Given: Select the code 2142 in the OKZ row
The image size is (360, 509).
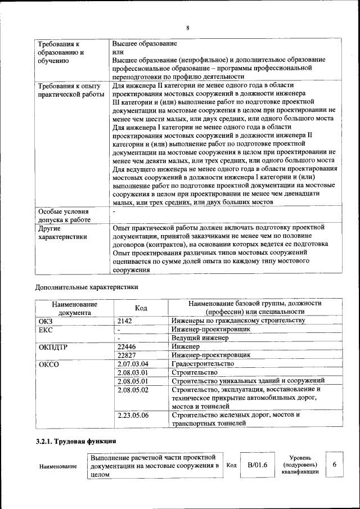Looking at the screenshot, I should pyautogui.click(x=125, y=321).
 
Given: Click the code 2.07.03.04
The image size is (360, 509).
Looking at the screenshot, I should pyautogui.click(x=132, y=364).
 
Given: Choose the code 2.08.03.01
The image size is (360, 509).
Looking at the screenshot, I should pyautogui.click(x=132, y=372).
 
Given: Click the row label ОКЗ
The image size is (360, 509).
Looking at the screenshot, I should pyautogui.click(x=45, y=321).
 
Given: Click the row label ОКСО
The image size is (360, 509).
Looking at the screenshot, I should pyautogui.click(x=49, y=364).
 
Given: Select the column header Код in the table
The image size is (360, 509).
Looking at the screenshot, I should pyautogui.click(x=142, y=308).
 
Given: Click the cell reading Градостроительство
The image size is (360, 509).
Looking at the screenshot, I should pyautogui.click(x=202, y=364).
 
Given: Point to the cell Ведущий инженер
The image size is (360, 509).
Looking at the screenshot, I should pyautogui.click(x=200, y=338).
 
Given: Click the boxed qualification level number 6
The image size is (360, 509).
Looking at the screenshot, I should pyautogui.click(x=335, y=465).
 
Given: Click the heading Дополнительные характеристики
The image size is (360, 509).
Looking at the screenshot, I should pyautogui.click(x=86, y=286).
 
